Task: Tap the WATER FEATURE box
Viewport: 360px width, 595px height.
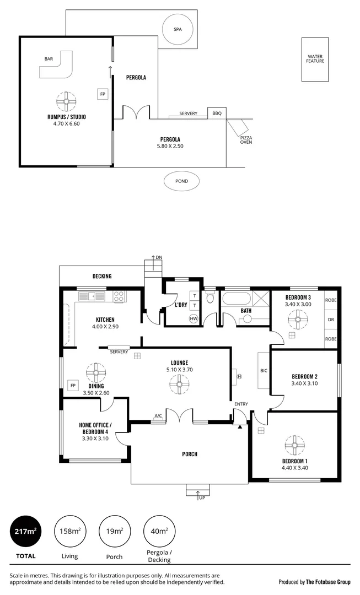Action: click(315, 59)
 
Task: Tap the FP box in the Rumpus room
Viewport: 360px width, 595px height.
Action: click(103, 94)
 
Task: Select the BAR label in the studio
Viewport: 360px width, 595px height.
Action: click(49, 59)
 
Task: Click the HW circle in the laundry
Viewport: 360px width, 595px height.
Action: click(194, 318)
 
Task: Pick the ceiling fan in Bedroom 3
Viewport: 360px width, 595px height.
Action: click(298, 318)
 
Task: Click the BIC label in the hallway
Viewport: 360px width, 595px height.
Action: click(264, 371)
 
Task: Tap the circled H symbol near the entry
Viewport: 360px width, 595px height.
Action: click(239, 376)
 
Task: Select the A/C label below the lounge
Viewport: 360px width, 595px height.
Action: click(158, 416)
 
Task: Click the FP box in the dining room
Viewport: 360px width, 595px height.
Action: click(72, 386)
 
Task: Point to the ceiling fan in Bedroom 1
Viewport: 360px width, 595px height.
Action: click(294, 443)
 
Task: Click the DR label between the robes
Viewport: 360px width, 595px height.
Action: click(331, 320)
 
